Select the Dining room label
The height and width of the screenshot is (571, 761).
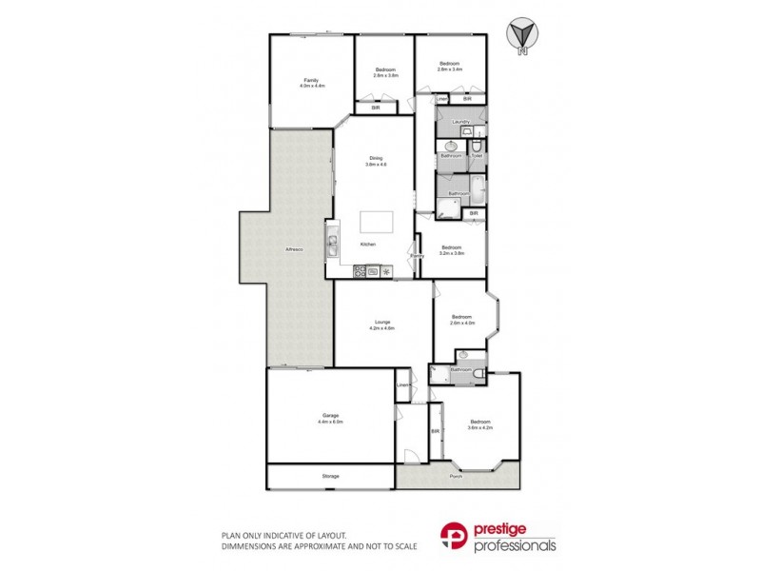(376, 162)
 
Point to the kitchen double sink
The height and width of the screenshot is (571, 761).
(333, 245)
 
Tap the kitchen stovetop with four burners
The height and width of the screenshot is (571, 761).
(360, 271)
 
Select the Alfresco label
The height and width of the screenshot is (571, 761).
(294, 249)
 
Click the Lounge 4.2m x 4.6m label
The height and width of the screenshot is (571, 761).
(380, 325)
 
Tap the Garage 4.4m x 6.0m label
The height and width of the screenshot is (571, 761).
(330, 418)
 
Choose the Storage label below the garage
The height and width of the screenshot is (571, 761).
(330, 476)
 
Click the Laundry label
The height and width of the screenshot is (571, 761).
(461, 122)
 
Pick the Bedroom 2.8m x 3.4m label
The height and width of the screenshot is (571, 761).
(449, 67)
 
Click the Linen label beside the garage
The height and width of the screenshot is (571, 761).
(402, 384)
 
